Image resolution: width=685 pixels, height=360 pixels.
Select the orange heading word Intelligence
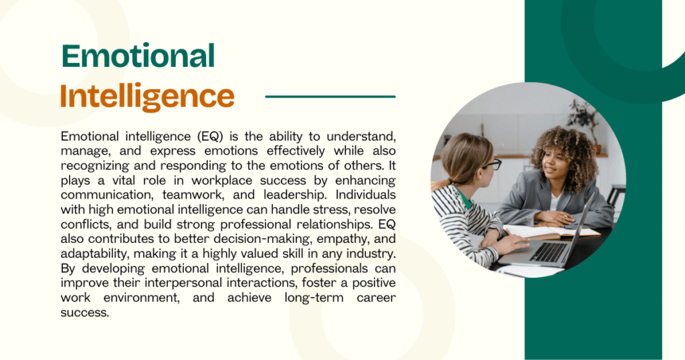click(147, 96)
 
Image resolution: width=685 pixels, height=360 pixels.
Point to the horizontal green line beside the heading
click(330, 96)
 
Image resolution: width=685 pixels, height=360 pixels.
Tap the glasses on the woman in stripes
click(492, 164)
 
